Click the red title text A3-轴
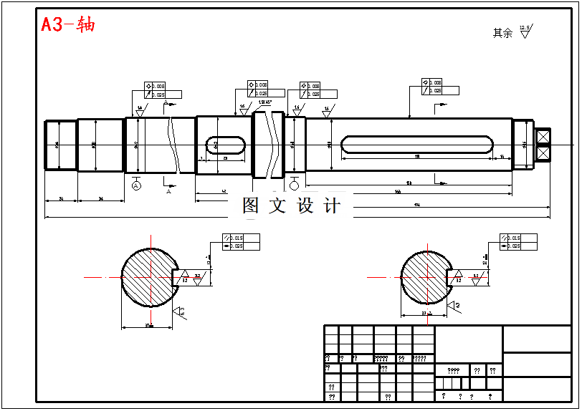point(67,24)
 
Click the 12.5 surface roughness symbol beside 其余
point(525,32)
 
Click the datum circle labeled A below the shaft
point(136,185)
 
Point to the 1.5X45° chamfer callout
point(265,102)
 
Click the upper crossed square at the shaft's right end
point(543,135)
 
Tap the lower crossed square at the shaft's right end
point(543,153)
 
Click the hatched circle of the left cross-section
point(147,277)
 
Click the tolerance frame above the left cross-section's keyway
point(241,242)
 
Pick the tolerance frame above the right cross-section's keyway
point(518,242)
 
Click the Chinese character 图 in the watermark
point(250,206)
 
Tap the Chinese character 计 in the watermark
point(332,206)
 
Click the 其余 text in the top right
point(502,33)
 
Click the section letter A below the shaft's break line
point(168,192)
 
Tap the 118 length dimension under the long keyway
point(417,155)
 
